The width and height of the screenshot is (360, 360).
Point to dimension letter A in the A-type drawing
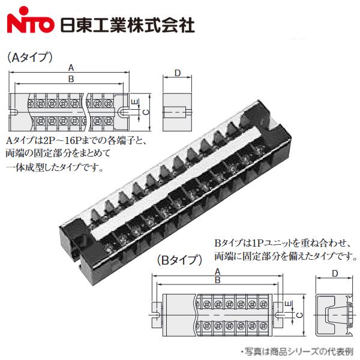71,67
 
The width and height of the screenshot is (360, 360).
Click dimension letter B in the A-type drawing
71,79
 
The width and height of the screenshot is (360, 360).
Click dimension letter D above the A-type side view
178,73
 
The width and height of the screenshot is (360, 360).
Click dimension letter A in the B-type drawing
217,271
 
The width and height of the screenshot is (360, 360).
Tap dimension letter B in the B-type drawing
217,280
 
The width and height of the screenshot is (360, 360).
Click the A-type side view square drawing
178,112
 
